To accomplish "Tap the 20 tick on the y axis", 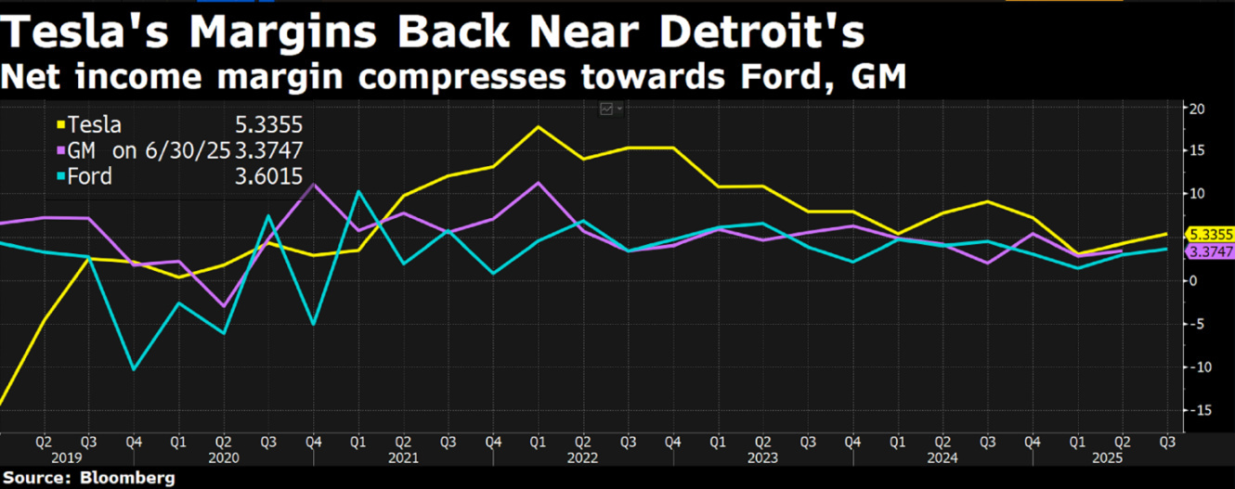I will (1199, 109).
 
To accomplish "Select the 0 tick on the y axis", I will (1195, 280).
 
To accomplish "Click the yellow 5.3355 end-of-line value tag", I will (1210, 235).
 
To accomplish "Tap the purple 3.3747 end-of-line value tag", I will (1210, 251).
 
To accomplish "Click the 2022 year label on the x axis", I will (581, 457).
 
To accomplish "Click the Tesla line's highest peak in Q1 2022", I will (538, 126).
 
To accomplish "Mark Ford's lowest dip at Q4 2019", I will (135, 369).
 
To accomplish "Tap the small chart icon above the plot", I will (607, 109).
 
